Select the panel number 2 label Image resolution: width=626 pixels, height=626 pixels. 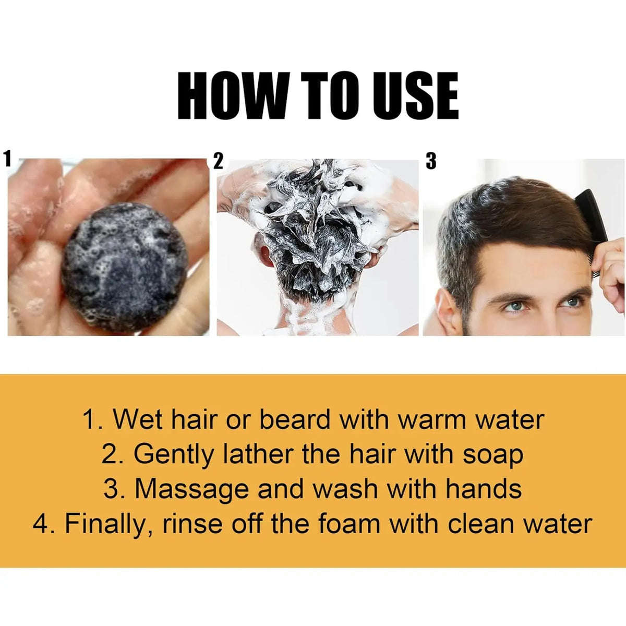pos(219,161)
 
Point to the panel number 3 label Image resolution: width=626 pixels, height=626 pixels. pos(430,161)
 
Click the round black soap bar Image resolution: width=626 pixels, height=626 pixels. pos(125,268)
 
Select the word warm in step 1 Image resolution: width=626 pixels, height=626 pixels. pos(434,420)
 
